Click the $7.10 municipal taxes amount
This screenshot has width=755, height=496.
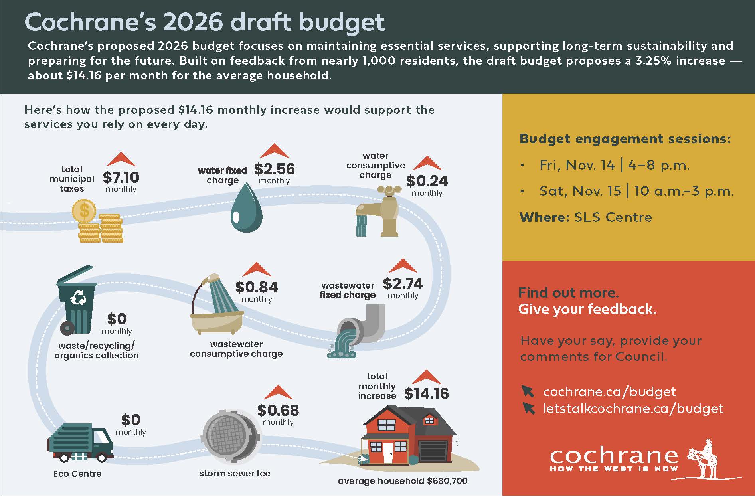[121, 177]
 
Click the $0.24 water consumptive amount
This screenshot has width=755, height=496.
[427, 181]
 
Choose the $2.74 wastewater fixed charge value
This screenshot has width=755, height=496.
[402, 284]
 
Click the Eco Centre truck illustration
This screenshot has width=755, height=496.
[80, 444]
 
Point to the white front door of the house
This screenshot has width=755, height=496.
[387, 453]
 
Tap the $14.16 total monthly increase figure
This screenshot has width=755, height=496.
[426, 394]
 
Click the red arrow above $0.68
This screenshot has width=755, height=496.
[278, 393]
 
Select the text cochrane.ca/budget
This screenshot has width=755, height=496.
[609, 392]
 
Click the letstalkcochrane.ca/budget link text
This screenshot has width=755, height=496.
[633, 409]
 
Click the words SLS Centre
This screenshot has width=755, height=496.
[613, 217]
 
